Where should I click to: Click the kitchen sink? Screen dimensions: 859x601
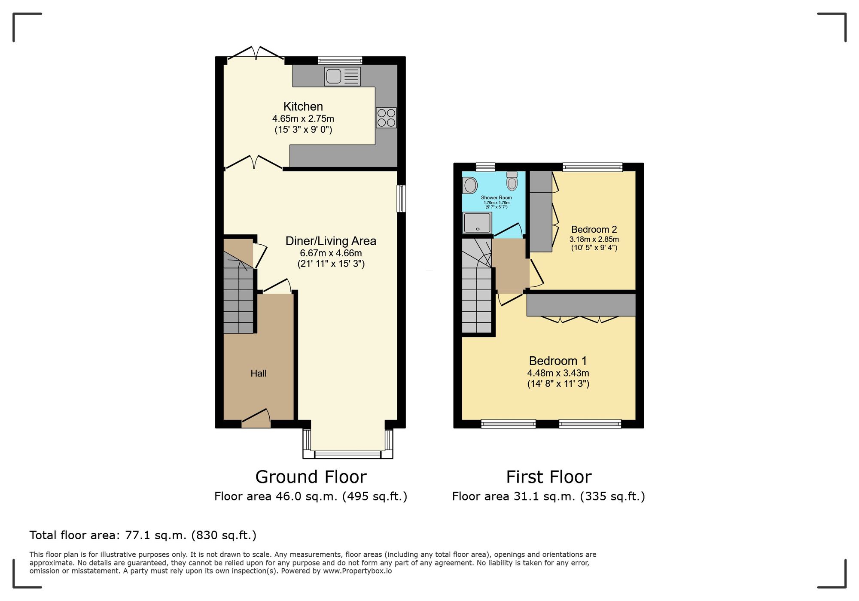[x=342, y=76]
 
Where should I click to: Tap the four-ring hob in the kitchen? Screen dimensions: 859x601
[x=386, y=118]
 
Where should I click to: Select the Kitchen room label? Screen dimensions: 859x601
[x=303, y=106]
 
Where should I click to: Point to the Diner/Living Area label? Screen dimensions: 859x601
[x=331, y=241]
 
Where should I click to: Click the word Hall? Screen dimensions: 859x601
[x=259, y=373]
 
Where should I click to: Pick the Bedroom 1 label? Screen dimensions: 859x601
[x=558, y=361]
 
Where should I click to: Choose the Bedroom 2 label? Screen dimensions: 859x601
[x=594, y=230]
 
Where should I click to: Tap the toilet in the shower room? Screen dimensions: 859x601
[x=512, y=181]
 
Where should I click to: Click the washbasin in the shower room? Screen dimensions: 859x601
[x=470, y=186]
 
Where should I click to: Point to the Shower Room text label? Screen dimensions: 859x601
[x=497, y=198]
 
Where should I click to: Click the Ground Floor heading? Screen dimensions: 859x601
[x=311, y=477]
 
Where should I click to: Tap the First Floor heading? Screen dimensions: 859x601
[x=549, y=477]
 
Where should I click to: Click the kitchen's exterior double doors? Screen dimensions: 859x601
[x=256, y=53]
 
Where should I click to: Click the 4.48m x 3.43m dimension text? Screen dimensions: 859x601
[x=558, y=373]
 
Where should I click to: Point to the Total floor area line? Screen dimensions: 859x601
[x=143, y=535]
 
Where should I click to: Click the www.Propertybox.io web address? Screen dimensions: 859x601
[x=357, y=571]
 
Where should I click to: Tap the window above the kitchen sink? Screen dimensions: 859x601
[x=340, y=61]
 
